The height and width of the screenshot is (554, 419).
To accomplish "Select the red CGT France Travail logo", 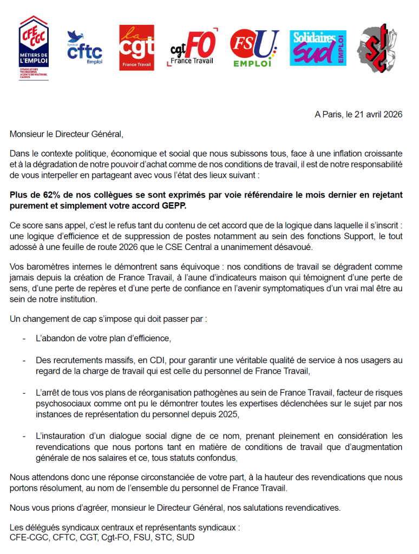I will (x=136, y=48).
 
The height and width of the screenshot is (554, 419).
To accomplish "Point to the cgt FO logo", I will (x=193, y=48).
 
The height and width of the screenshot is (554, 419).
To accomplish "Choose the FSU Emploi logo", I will (x=253, y=48).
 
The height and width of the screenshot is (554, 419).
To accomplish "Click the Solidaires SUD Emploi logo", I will (x=318, y=48).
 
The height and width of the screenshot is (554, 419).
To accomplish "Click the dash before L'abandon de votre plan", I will (x=24, y=339).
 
